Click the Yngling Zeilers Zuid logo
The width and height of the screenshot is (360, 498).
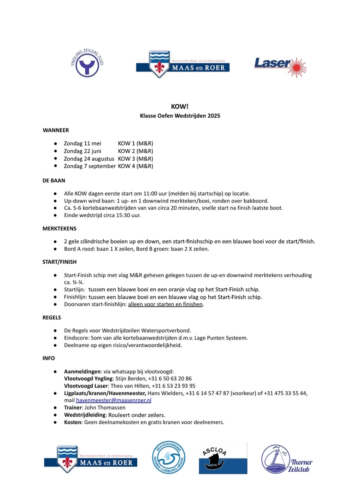87,63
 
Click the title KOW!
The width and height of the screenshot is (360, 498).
180,107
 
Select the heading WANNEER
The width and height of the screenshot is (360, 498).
56,130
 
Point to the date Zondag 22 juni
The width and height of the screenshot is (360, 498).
83,151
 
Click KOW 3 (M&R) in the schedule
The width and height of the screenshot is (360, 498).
136,158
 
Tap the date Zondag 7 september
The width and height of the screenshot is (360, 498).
89,166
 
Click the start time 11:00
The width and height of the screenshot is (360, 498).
152,193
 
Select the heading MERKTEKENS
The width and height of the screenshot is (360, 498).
59,228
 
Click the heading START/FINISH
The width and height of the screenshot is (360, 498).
59,262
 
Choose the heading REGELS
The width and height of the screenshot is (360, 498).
52,318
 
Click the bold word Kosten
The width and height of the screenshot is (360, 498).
73,422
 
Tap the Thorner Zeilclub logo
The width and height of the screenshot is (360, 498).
287,459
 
